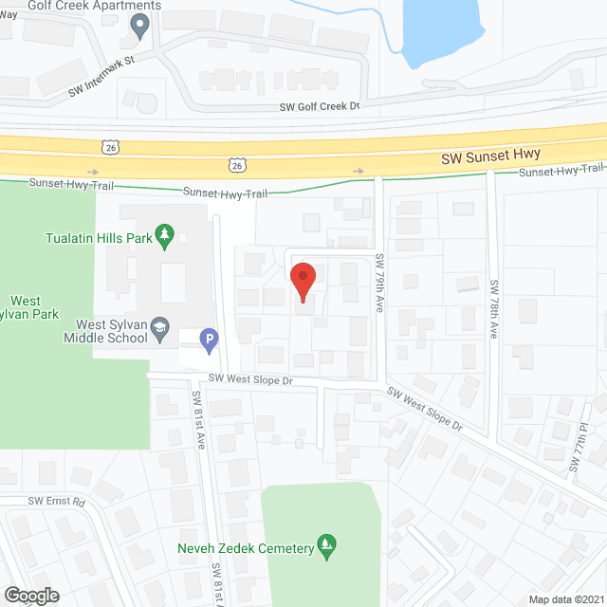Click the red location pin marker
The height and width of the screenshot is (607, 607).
point(303,281)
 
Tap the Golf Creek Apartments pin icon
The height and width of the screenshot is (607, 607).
point(141,26)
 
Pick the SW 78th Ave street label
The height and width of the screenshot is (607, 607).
point(494,308)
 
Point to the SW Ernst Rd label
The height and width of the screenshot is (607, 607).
point(56,501)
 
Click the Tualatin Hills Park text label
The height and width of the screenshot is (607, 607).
point(100,238)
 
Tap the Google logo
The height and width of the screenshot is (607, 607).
point(30,595)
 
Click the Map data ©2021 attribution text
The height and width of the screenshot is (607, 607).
point(564,598)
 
